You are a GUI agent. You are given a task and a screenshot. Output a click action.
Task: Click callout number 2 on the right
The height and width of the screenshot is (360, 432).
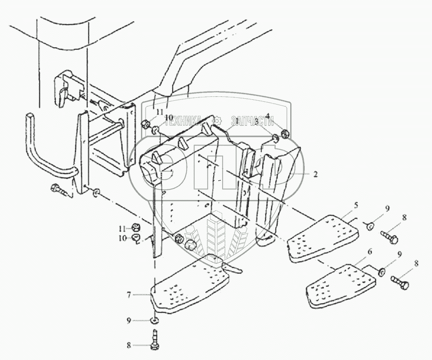(x=315, y=175)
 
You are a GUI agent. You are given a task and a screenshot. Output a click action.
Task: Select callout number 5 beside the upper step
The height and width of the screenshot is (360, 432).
(x=356, y=204)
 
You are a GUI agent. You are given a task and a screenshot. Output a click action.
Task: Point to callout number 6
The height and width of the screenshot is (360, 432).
(x=369, y=252)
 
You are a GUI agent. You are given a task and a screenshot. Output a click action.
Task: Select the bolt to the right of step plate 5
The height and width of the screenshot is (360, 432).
(x=389, y=236)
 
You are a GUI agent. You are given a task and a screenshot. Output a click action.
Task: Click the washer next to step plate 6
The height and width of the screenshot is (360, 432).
(x=382, y=272)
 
